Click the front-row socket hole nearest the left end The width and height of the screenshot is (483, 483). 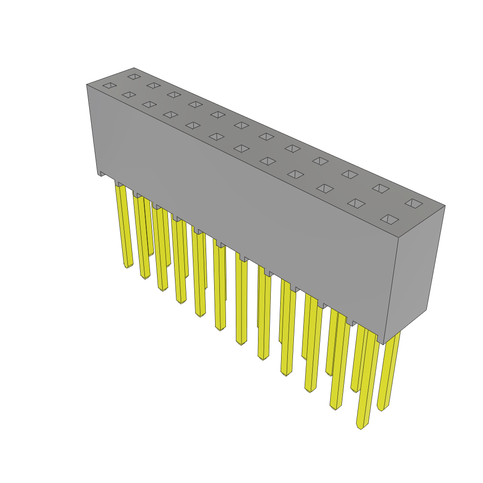(x=109, y=85)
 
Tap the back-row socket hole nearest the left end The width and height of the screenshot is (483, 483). (x=134, y=76)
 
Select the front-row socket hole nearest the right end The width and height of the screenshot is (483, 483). (x=390, y=219)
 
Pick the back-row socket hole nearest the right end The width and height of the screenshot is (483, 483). (x=414, y=203)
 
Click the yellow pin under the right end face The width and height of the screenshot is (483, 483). (x=390, y=373)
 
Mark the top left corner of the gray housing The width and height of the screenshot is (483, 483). (x=87, y=85)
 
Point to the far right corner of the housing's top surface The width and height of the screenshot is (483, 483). (x=444, y=206)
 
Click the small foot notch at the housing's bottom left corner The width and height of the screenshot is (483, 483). (x=100, y=174)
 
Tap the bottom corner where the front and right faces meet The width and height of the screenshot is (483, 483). (x=383, y=343)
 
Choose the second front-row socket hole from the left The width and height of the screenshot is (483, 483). (x=129, y=95)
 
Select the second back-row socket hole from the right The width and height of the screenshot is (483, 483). (x=381, y=189)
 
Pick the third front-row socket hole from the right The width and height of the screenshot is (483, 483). (x=325, y=189)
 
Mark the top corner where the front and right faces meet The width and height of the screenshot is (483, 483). (x=399, y=237)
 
